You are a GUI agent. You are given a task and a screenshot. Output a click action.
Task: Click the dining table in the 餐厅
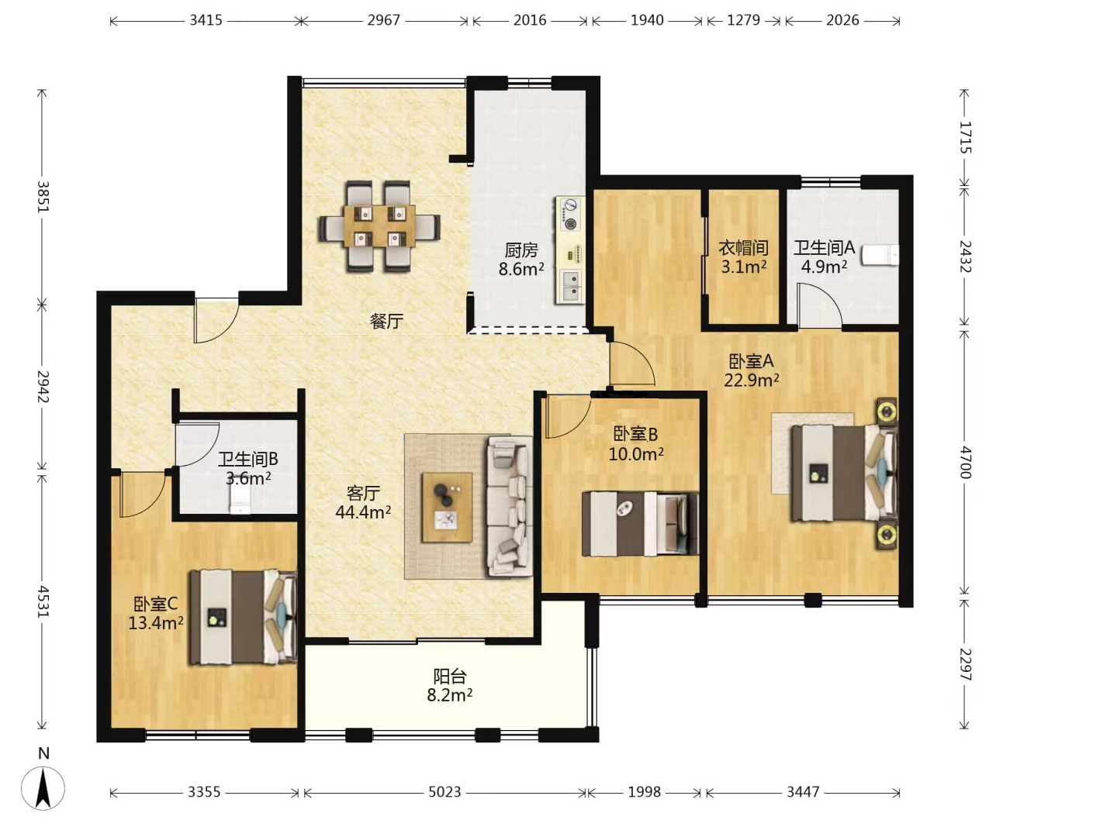coord(379,226)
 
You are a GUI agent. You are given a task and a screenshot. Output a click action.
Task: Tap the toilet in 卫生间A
coord(880,255)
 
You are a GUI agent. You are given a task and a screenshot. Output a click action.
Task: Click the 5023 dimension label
coord(444,792)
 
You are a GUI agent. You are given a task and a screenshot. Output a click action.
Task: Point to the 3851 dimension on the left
coord(43,197)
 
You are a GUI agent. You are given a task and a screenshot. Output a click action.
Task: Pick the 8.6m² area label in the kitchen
coord(521,269)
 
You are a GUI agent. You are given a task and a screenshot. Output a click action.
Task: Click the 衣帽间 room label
coord(743,248)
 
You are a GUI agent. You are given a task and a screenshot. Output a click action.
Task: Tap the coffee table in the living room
coord(447,507)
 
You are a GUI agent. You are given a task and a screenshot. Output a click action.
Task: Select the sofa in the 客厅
coord(510,507)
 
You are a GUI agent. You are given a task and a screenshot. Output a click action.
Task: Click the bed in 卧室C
coord(243,617)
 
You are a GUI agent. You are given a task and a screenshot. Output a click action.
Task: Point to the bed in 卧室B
coord(640,523)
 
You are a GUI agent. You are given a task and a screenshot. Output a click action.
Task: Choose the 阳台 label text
coord(450,677)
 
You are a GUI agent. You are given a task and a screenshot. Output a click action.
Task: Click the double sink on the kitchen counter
coord(570,286)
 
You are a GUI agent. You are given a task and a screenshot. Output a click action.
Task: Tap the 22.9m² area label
coord(751,380)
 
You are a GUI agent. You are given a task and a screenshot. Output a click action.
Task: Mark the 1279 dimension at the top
coord(743,20)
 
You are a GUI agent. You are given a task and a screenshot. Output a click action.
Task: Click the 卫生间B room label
coord(247,459)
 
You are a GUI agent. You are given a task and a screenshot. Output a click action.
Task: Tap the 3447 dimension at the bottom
coord(803,792)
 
